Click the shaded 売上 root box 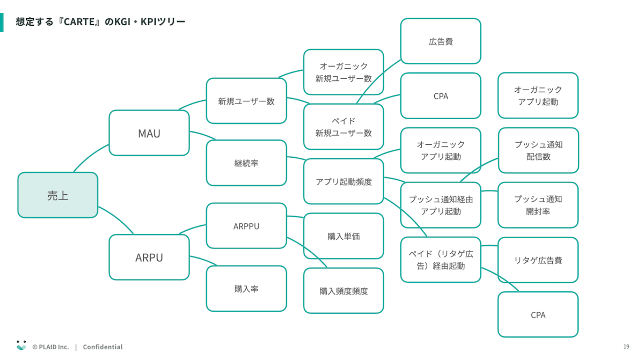coord(58,195)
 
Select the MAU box coord(149,133)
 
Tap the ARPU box coord(149,257)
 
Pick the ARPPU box coord(246,226)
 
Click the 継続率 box coord(246,163)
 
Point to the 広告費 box coord(441,41)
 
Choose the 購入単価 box coord(343,236)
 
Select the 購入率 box coord(246,289)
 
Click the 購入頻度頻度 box coord(343,291)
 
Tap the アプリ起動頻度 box coord(343,181)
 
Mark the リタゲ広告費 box coord(538,260)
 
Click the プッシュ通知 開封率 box coord(538,205)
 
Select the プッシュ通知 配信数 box coord(538,150)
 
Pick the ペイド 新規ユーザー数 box coord(343,127)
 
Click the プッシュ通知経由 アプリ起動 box coord(441,205)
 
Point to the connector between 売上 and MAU coord(90,157)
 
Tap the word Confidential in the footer coord(103,347)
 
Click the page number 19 coord(626,347)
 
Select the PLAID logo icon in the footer coord(21,346)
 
